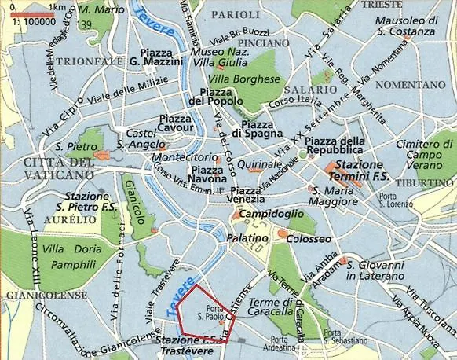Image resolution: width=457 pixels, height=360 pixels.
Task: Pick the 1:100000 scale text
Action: [24, 24]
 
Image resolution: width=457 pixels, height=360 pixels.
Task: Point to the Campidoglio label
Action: [270, 214]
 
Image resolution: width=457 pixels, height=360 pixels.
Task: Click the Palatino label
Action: [243, 237]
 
